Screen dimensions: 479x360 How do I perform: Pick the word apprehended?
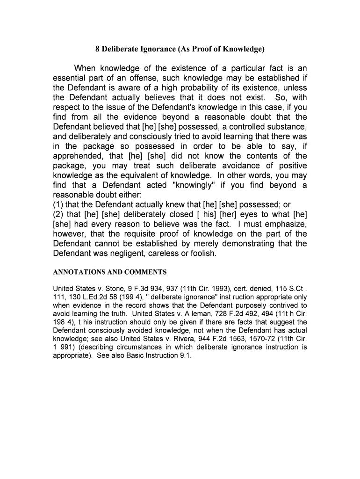pos(78,156)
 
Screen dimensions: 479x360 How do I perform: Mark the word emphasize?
pos(284,224)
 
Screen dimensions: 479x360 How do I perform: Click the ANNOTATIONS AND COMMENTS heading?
pos(109,272)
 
